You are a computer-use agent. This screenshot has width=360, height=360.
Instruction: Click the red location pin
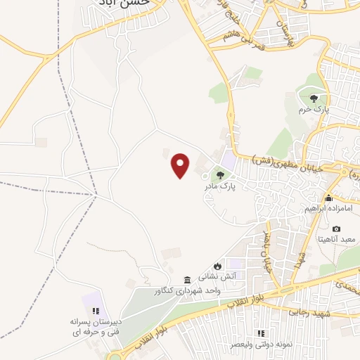181,166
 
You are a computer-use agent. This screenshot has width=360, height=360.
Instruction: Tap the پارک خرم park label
313,110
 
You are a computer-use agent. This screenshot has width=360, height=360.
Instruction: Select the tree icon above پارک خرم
313,98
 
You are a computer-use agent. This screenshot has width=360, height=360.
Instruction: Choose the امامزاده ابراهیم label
328,210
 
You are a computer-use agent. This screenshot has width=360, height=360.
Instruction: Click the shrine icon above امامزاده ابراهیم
328,198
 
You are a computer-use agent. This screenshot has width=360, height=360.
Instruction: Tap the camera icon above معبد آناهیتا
337,229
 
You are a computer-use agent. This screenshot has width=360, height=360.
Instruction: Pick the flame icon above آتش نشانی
218,266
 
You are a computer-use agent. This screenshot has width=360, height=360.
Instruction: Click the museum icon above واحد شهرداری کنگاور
187,279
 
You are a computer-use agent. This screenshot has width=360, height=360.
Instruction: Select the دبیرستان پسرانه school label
96,321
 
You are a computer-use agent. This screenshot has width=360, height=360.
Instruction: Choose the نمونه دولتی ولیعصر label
260,345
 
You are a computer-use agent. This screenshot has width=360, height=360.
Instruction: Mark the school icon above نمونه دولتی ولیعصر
261,333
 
